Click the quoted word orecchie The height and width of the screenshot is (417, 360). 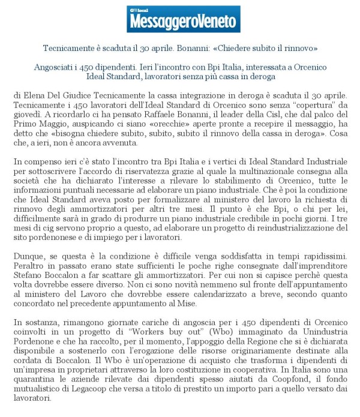[x=157, y=126]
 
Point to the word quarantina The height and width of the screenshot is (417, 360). [x=37, y=383]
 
